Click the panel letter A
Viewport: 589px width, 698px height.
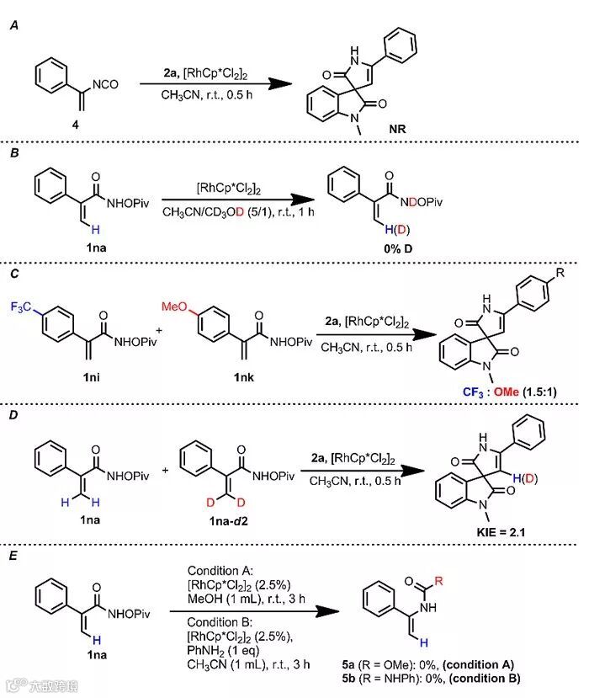click(x=13, y=26)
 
